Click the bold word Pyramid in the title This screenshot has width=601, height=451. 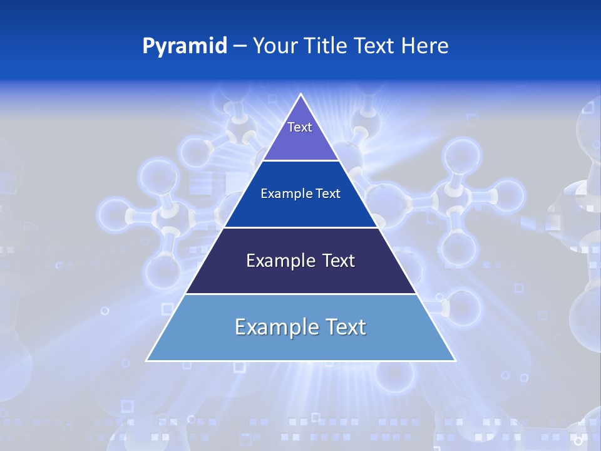click(185, 46)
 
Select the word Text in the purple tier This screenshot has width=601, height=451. click(300, 127)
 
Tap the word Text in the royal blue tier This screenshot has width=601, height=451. click(328, 194)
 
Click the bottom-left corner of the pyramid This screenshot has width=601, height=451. click(146, 361)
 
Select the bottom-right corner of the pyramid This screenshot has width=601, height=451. click(455, 361)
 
